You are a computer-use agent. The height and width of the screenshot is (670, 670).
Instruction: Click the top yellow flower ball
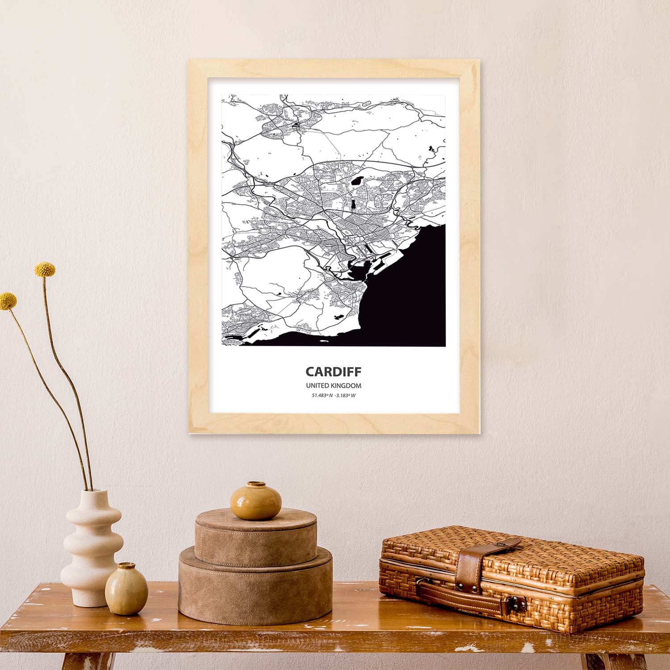pos(45,269)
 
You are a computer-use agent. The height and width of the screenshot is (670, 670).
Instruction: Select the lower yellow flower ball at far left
pos(7,301)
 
